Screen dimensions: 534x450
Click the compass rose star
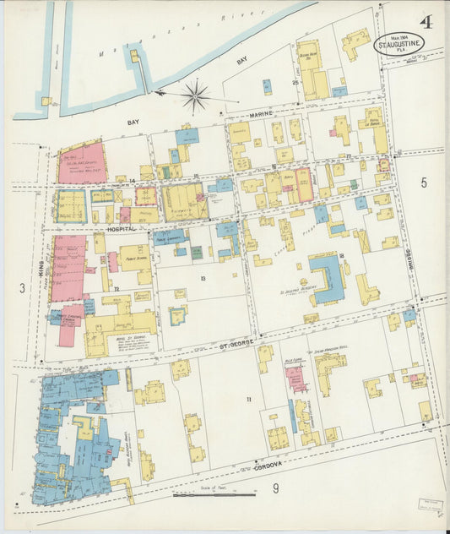click(x=195, y=95)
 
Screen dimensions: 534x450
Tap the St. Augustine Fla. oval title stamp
click(x=399, y=43)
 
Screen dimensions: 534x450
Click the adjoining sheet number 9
click(x=275, y=488)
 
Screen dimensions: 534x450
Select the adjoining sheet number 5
click(x=424, y=183)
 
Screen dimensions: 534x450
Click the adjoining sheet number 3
click(x=22, y=288)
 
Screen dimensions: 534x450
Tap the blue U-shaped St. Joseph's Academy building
click(x=328, y=280)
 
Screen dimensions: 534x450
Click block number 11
click(x=248, y=398)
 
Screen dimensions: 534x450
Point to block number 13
click(x=203, y=277)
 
